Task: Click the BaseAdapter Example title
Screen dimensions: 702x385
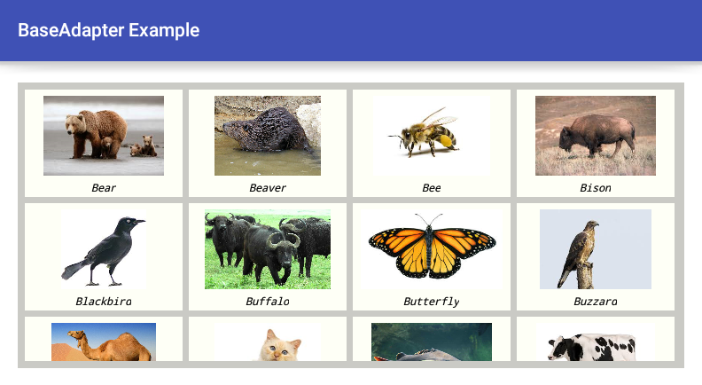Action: coord(109,30)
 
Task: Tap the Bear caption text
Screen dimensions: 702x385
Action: coord(104,188)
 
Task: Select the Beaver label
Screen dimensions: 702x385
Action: coord(268,188)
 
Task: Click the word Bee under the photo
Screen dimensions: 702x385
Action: coord(431,188)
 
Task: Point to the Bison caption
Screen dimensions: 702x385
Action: coord(596,188)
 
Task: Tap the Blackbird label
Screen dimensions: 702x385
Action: coord(104,302)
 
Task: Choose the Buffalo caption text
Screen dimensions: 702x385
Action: coord(268,302)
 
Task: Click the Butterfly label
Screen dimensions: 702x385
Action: coord(431,302)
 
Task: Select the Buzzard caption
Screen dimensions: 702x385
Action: coord(596,302)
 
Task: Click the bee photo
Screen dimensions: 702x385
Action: coord(431,136)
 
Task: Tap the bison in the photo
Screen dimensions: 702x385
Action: coord(597,136)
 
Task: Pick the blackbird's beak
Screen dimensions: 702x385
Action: coord(139,221)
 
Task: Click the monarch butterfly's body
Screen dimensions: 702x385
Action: coord(431,248)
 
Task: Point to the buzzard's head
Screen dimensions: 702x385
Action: coord(592,224)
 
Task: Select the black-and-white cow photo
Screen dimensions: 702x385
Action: coord(596,342)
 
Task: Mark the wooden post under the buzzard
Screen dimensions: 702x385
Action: coord(585,277)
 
